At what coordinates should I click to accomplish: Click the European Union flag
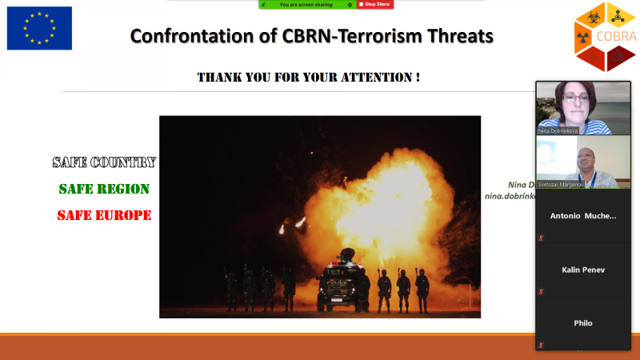pyautogui.click(x=39, y=28)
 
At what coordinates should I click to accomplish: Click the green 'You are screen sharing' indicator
pyautogui.click(x=306, y=4)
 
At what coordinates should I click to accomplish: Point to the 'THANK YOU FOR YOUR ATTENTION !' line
pyautogui.click(x=308, y=78)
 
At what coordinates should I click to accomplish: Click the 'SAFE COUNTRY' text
pyautogui.click(x=104, y=162)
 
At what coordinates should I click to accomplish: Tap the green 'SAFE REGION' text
pyautogui.click(x=104, y=189)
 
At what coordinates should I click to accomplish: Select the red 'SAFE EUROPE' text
pyautogui.click(x=104, y=215)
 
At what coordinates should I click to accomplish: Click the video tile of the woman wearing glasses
pyautogui.click(x=582, y=107)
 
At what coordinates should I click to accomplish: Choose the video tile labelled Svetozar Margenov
pyautogui.click(x=582, y=162)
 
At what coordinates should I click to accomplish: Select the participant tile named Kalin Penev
pyautogui.click(x=582, y=270)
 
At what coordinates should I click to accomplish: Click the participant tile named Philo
pyautogui.click(x=582, y=323)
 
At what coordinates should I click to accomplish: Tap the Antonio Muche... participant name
pyautogui.click(x=582, y=216)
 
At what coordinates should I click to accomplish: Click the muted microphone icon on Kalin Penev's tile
pyautogui.click(x=542, y=290)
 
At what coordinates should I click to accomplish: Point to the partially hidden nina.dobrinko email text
pyautogui.click(x=509, y=196)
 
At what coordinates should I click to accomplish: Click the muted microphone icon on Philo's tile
pyautogui.click(x=542, y=344)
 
